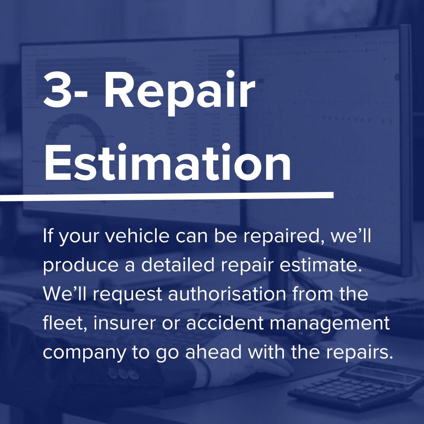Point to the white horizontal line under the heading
tap(167, 196)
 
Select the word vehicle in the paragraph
tap(137, 236)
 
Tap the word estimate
tap(321, 265)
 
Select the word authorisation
tap(227, 294)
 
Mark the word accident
tap(225, 323)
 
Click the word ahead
tap(213, 352)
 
